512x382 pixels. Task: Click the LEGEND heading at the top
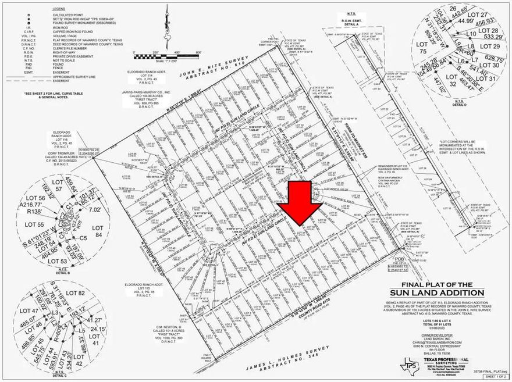click(x=59, y=10)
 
